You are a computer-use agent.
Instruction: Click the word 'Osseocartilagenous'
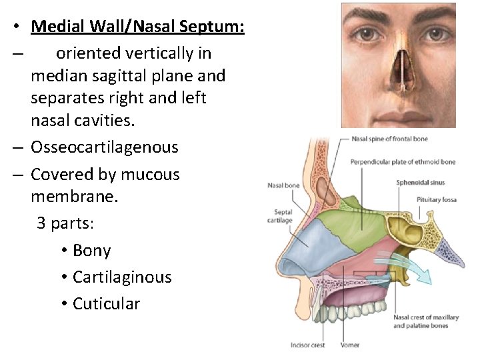pyautogui.click(x=104, y=147)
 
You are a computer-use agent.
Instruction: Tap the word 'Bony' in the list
pyautogui.click(x=91, y=251)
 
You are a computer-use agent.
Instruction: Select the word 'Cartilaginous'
pyautogui.click(x=122, y=277)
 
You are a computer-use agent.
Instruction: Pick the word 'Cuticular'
pyautogui.click(x=106, y=304)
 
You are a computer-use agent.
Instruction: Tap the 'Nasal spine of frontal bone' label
pyautogui.click(x=389, y=139)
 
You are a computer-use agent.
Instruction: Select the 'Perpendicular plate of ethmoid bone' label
pyautogui.click(x=403, y=162)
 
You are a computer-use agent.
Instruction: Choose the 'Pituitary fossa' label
pyautogui.click(x=437, y=199)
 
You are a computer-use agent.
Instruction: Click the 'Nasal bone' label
pyautogui.click(x=283, y=186)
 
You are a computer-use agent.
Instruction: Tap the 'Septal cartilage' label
pyautogui.click(x=279, y=217)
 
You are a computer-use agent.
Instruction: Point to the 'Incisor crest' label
pyautogui.click(x=307, y=345)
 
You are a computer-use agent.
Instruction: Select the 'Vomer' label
pyautogui.click(x=351, y=345)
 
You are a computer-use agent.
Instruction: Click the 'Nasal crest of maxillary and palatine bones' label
pyautogui.click(x=423, y=321)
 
